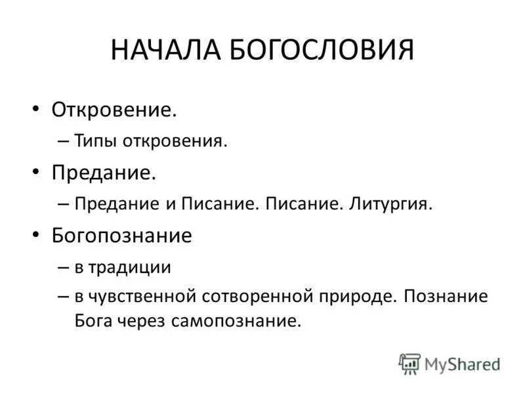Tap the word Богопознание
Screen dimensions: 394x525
pos(121,235)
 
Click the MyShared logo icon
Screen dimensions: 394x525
pos(410,363)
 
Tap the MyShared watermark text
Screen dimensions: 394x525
pos(462,363)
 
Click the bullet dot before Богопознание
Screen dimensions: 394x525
pos(37,235)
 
